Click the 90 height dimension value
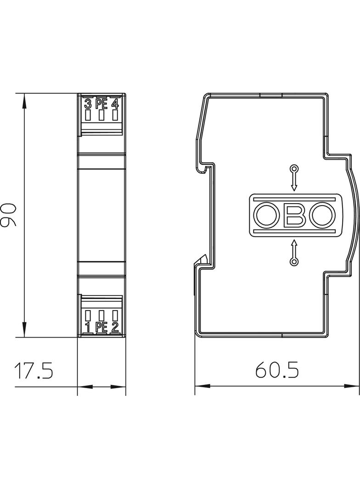(x=9, y=215)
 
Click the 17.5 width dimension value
(x=34, y=371)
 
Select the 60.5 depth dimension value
(x=277, y=370)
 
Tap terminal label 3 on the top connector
(x=88, y=104)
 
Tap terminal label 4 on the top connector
(x=115, y=104)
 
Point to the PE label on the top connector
(x=101, y=104)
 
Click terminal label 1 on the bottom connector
(x=88, y=327)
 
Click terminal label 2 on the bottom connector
(x=115, y=327)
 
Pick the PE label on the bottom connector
(x=101, y=327)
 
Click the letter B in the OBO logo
(x=294, y=215)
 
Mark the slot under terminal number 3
(x=88, y=115)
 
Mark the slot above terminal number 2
(x=115, y=316)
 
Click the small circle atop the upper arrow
(x=294, y=167)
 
